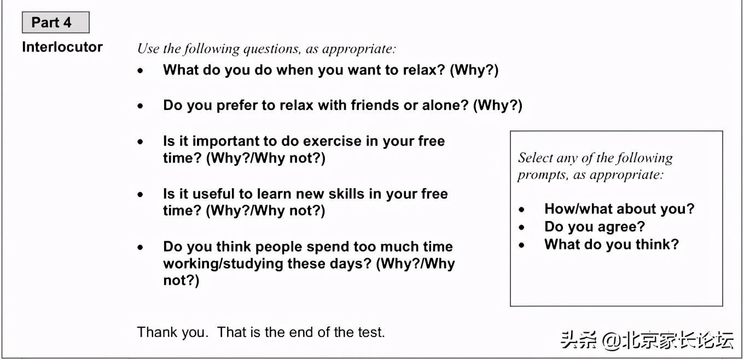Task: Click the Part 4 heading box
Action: click(56, 22)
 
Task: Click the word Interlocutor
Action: click(62, 47)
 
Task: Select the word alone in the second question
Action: click(445, 105)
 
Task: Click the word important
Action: click(228, 142)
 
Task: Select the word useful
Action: click(213, 194)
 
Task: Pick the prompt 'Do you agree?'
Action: click(595, 227)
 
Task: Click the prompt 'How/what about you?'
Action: click(619, 209)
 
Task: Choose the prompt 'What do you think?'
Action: click(612, 245)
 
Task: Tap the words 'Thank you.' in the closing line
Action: click(173, 333)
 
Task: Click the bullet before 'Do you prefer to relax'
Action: click(141, 106)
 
